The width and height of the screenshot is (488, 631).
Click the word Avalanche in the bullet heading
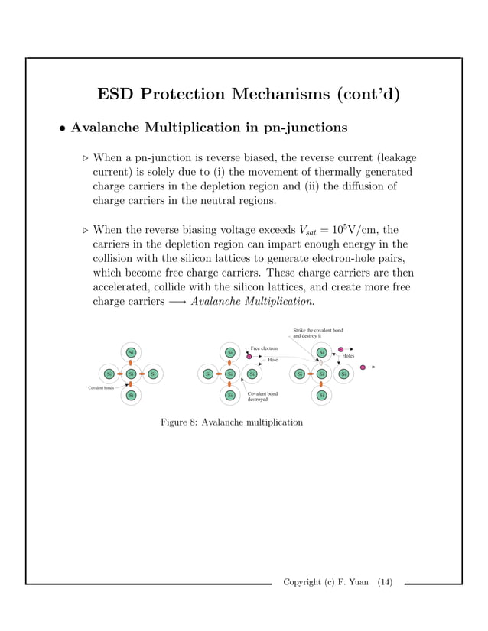point(109,127)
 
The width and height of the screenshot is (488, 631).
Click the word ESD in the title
point(117,94)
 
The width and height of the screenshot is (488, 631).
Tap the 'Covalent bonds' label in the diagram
point(100,388)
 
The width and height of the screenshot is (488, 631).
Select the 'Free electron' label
point(264,348)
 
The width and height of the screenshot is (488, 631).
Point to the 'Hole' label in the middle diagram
point(272,359)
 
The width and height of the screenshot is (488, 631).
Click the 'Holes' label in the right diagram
point(348,356)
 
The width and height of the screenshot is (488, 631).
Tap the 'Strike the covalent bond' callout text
point(317,331)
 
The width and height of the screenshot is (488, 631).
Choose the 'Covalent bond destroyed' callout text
point(262,396)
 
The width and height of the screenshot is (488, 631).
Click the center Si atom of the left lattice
point(131,374)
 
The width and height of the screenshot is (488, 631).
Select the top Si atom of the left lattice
point(131,352)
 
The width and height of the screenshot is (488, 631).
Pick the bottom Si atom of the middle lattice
point(229,395)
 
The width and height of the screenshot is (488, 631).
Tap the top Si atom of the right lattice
point(322,352)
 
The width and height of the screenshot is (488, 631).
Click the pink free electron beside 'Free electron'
point(249,357)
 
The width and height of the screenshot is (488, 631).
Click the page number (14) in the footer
point(384,583)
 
